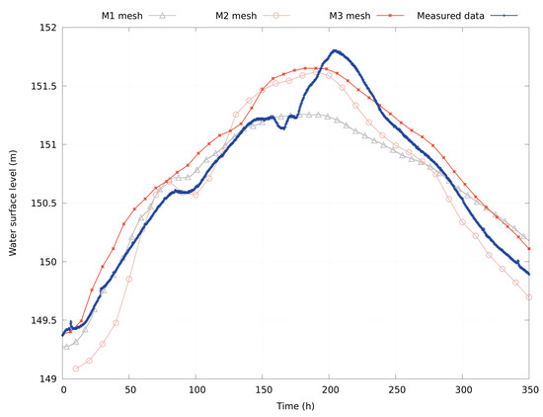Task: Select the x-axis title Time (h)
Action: pyautogui.click(x=296, y=406)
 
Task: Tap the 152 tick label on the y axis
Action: pyautogui.click(x=44, y=28)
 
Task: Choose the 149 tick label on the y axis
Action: pyautogui.click(x=44, y=379)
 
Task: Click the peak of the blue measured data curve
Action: pyautogui.click(x=335, y=50)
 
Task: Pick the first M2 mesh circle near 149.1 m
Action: pyautogui.click(x=76, y=369)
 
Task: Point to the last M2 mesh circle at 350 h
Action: pyautogui.click(x=529, y=296)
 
